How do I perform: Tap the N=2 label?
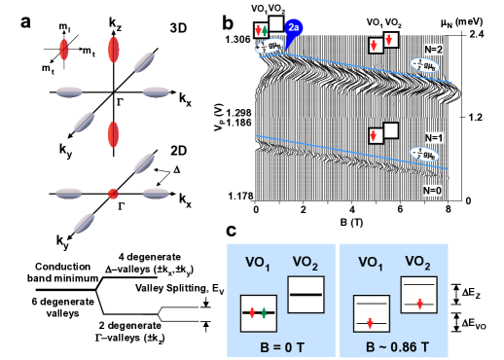tap(433, 49)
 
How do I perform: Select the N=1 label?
tap(433, 138)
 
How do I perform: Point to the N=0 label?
tap(432, 191)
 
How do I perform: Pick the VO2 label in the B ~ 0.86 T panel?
tap(418, 262)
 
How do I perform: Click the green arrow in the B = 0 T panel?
tap(263, 312)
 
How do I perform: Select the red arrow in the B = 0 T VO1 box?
tap(251, 312)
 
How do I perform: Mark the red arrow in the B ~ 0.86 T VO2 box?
tap(418, 305)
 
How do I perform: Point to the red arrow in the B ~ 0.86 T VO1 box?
tap(370, 322)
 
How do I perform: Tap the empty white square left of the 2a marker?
tap(276, 23)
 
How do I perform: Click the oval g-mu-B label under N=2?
tap(424, 65)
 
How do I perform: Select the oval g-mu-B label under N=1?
tap(424, 154)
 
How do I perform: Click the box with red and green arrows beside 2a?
tap(261, 30)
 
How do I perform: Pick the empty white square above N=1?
tap(391, 129)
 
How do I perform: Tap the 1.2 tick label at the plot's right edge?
tap(474, 118)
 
